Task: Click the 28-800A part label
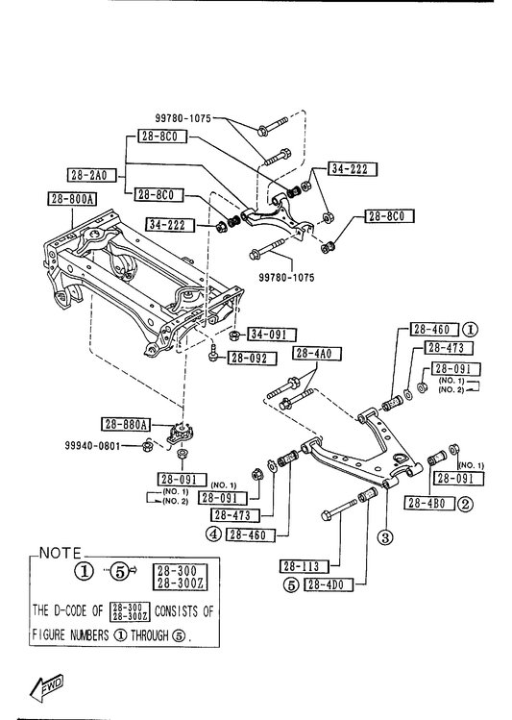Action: point(72,199)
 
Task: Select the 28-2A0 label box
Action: point(91,175)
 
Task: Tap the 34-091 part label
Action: point(272,335)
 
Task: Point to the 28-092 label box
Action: point(253,359)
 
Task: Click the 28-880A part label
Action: point(126,425)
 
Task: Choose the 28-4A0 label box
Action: point(317,353)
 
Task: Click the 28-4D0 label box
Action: point(329,584)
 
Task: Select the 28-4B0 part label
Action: point(429,504)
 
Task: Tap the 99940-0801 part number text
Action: point(92,445)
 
